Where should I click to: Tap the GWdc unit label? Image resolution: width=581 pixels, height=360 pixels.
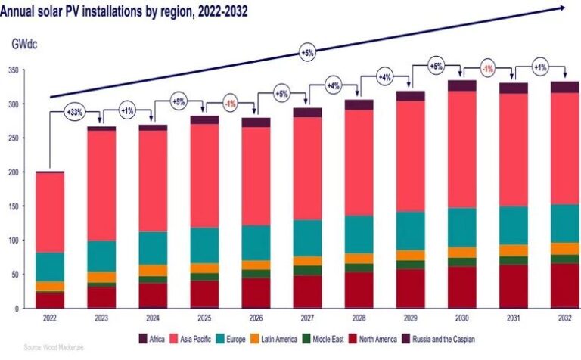(24, 44)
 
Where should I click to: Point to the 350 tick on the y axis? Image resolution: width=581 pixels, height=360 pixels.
(12, 70)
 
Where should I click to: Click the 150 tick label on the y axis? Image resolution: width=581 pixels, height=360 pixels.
(12, 206)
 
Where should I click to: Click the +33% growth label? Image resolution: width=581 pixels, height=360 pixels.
(75, 113)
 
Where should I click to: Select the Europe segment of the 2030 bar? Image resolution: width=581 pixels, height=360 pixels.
(461, 228)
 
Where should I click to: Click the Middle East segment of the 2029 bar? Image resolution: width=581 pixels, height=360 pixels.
(411, 265)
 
